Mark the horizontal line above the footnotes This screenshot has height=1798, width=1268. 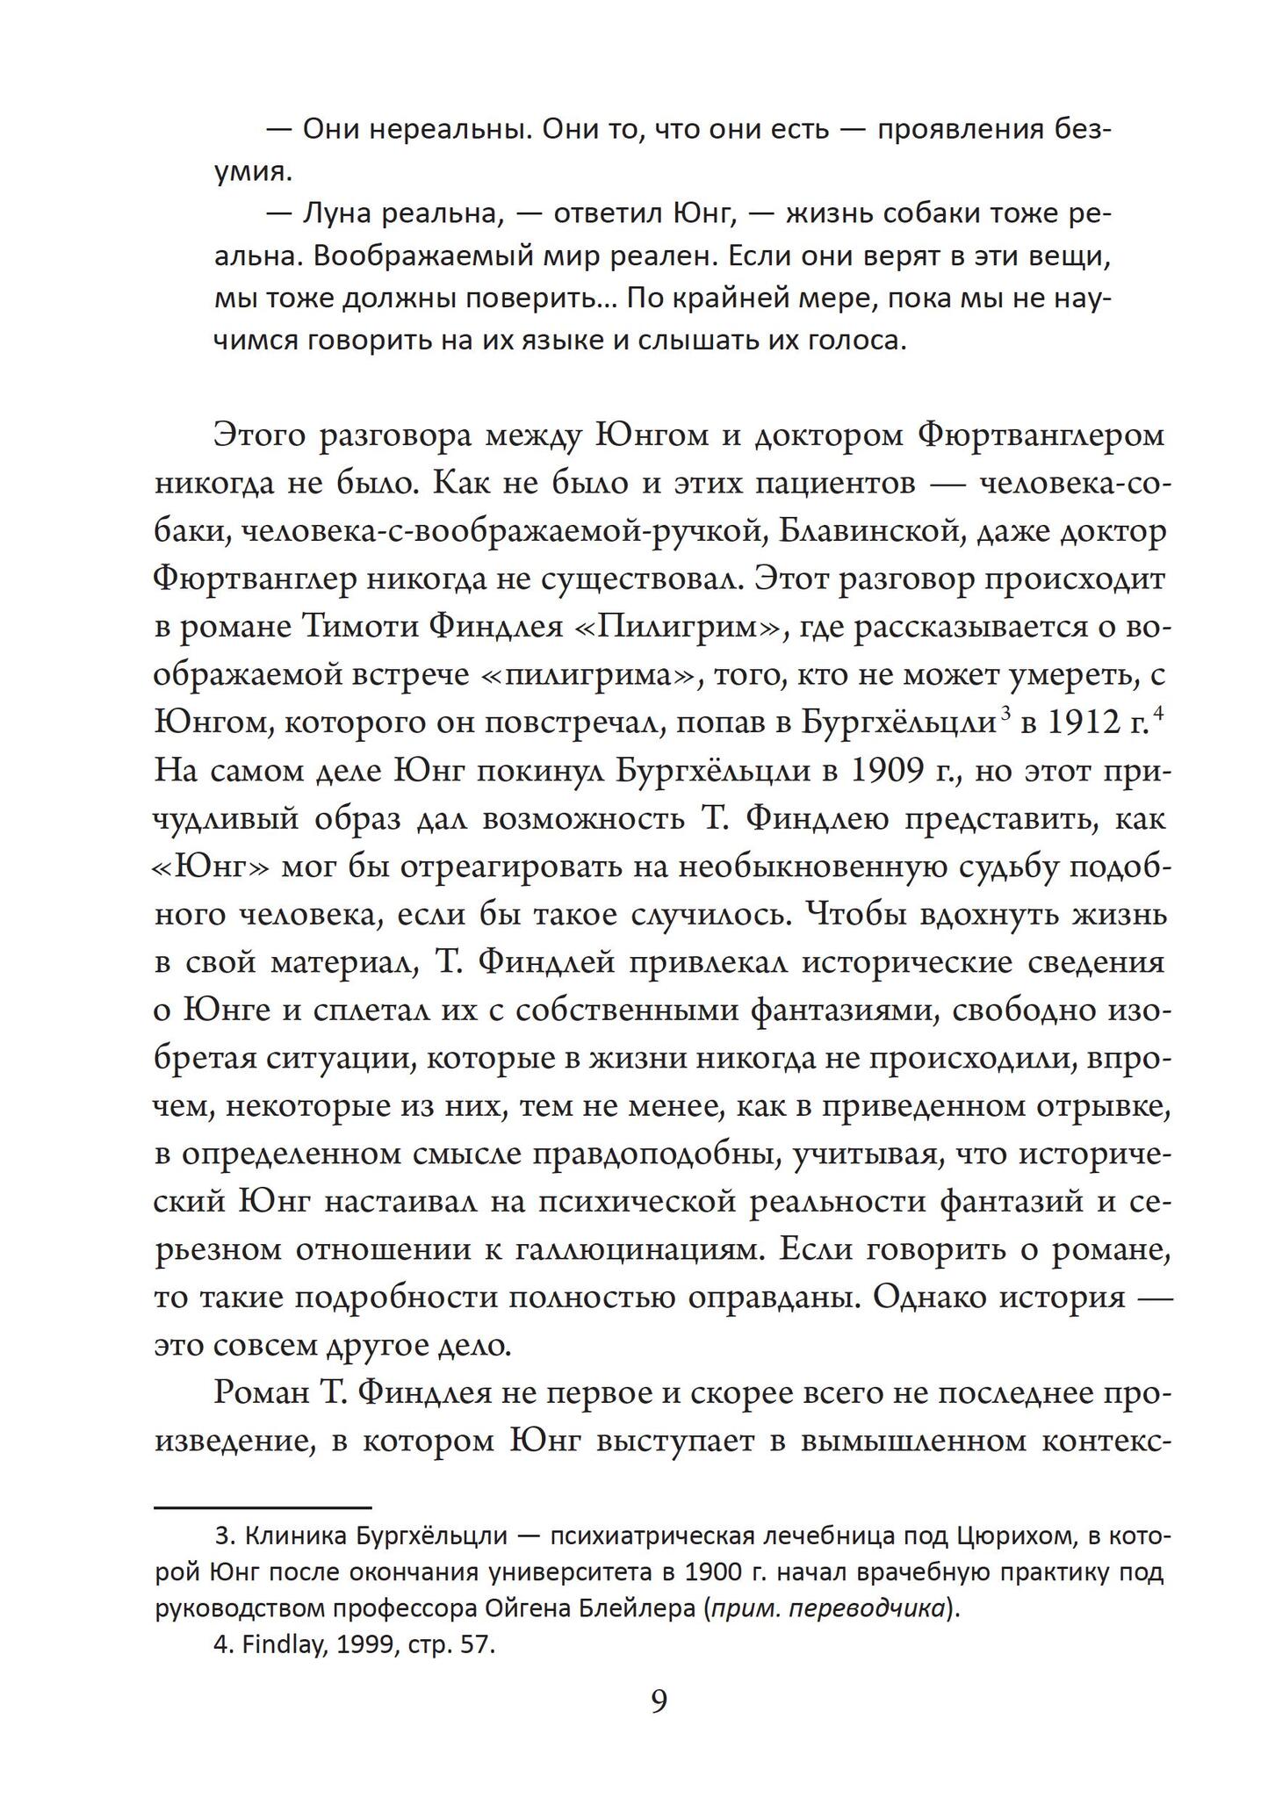pos(263,1507)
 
